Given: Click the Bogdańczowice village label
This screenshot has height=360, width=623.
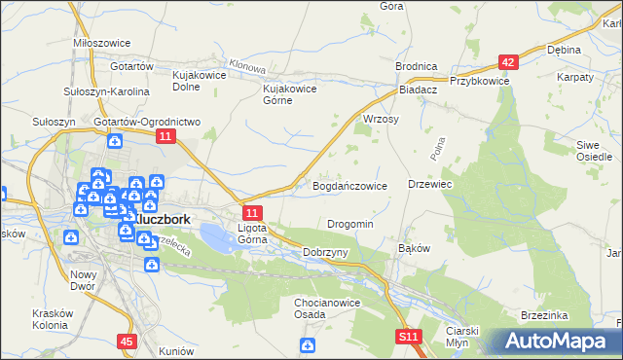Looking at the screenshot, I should [349, 185].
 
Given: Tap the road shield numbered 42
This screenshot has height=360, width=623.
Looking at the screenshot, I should [506, 62].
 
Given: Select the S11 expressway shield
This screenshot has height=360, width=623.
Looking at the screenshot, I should [409, 336].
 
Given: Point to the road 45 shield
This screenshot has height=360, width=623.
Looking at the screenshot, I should [127, 341].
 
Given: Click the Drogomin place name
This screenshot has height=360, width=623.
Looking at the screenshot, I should [350, 224].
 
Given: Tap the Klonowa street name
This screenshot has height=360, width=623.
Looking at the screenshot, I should [249, 71].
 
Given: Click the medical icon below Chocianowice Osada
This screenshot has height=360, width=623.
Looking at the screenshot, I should [308, 344].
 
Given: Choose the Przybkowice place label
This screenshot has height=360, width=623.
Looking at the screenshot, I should [479, 82].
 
